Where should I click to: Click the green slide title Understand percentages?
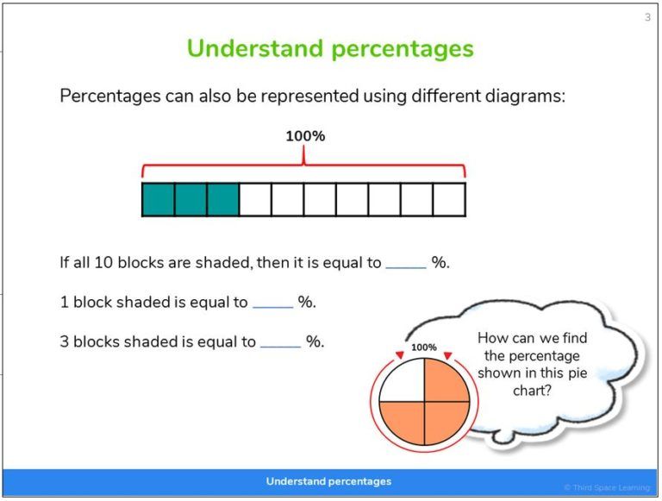click(x=330, y=48)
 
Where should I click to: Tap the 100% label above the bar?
click(x=305, y=136)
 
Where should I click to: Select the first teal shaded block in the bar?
click(x=159, y=199)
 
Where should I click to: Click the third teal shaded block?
click(x=222, y=199)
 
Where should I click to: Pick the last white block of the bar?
click(x=449, y=199)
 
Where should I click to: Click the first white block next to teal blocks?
click(x=255, y=199)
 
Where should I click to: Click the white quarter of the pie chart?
click(x=402, y=380)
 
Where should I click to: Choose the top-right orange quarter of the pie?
click(x=446, y=380)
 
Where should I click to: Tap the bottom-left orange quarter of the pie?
click(x=402, y=423)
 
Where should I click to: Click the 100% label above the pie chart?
click(x=424, y=348)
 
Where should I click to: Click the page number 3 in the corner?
click(x=647, y=17)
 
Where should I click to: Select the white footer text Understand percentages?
click(x=328, y=481)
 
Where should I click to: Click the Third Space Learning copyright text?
click(x=608, y=488)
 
